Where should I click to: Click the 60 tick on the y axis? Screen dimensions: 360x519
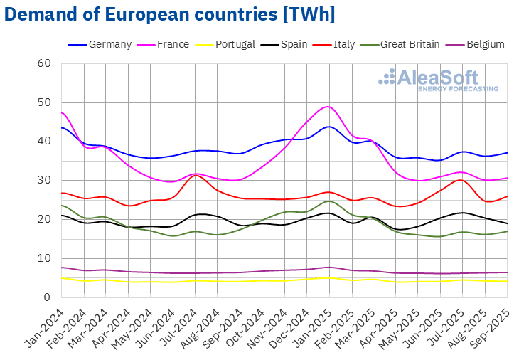point(45,63)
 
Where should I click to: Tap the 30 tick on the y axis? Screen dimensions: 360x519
point(45,180)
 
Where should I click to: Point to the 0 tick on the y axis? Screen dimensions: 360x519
point(48,297)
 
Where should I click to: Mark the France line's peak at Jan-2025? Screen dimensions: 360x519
point(328,107)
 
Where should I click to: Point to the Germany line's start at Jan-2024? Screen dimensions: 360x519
point(63,128)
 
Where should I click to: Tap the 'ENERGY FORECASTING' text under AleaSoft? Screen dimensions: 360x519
point(458,89)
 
